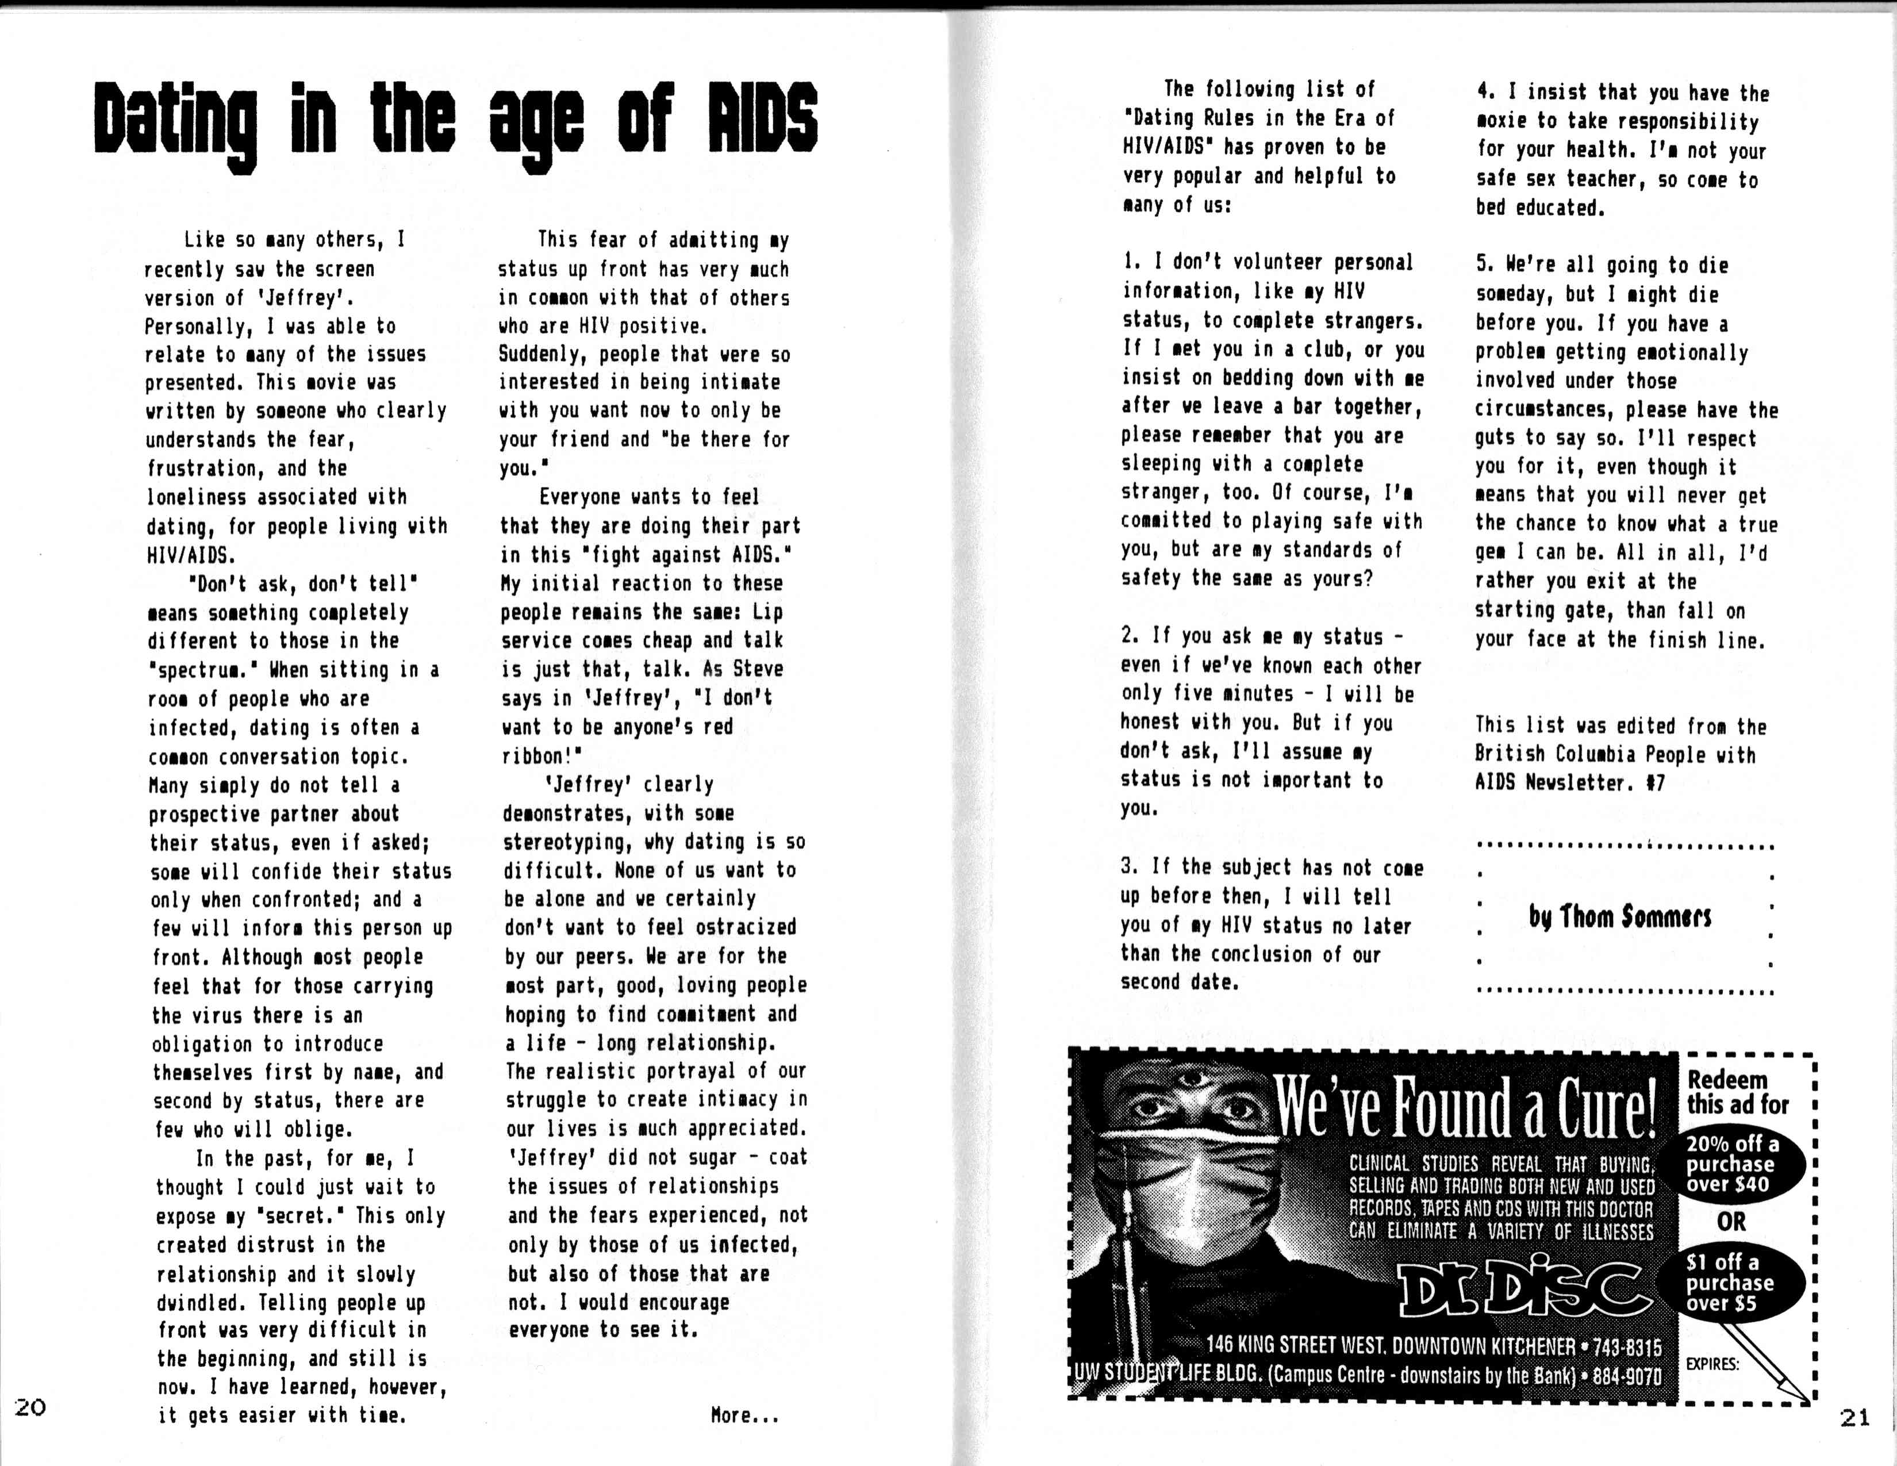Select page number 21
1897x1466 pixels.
coord(1854,1417)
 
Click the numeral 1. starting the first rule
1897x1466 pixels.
coord(1130,262)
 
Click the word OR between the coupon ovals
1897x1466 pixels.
coord(1730,1222)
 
